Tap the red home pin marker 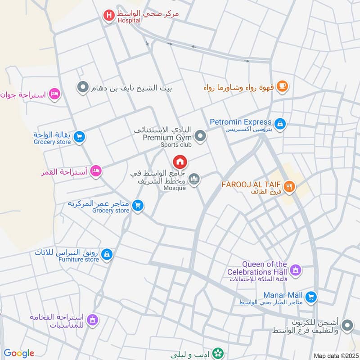[x=180, y=162]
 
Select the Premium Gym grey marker [x=200, y=135]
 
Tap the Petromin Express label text [x=241, y=122]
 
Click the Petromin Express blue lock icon [x=280, y=124]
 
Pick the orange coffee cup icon [x=282, y=86]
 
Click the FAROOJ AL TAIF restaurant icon [x=289, y=185]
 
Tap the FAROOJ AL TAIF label [x=251, y=184]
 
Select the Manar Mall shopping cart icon [x=311, y=297]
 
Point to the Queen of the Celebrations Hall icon [x=296, y=270]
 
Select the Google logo [x=19, y=353]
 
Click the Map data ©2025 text [x=335, y=355]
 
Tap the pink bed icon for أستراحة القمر [x=95, y=171]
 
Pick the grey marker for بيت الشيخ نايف [x=82, y=87]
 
